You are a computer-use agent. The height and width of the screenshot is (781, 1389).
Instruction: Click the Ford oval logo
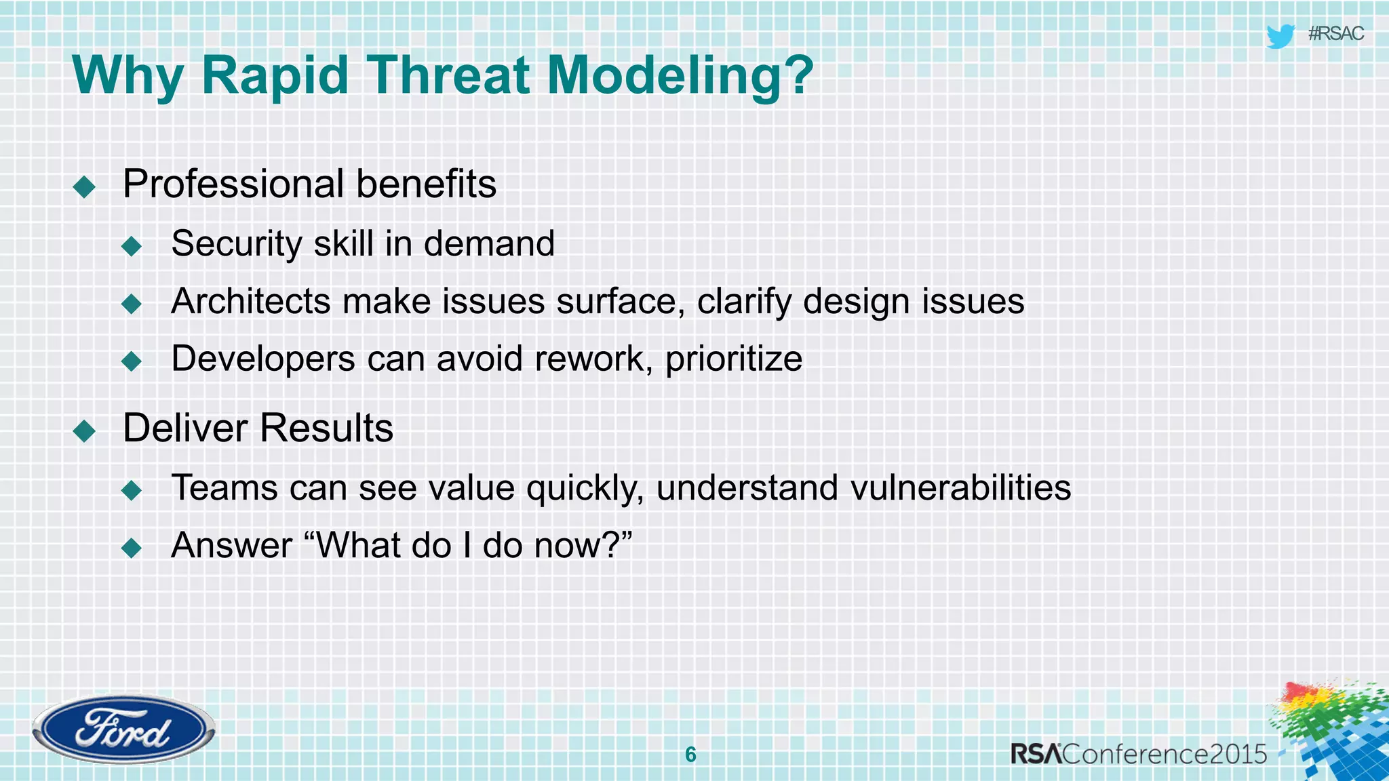pos(123,730)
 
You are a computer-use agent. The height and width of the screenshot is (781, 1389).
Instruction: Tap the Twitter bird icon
pos(1280,36)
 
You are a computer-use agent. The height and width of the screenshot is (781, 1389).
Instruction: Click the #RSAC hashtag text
pos(1335,34)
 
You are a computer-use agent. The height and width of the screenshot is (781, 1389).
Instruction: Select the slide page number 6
pos(690,754)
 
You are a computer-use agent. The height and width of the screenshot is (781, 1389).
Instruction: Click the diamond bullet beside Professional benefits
pos(84,186)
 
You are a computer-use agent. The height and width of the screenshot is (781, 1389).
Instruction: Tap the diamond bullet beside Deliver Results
pos(84,430)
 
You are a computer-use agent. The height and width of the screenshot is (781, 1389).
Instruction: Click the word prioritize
pos(734,359)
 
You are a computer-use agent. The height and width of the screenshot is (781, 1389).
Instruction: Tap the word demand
pos(489,243)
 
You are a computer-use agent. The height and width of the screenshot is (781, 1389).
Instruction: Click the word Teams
pos(224,488)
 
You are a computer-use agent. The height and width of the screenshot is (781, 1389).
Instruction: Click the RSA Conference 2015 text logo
pos(1139,754)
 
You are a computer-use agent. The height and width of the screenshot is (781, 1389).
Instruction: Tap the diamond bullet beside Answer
pos(132,548)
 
